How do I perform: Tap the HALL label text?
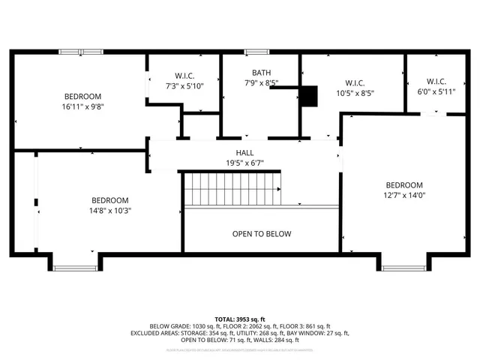point(244,152)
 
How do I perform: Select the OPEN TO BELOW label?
point(261,234)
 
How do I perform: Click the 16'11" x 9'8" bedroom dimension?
point(82,106)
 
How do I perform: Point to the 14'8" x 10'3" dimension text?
point(110,211)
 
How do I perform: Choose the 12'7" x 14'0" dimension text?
point(404,196)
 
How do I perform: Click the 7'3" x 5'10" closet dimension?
point(184,86)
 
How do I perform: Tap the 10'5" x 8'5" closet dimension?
point(355,93)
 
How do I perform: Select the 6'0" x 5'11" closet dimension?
point(436,92)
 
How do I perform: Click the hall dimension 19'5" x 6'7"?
point(244,163)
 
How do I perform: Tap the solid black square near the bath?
point(308,96)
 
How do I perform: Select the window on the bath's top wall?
point(256,52)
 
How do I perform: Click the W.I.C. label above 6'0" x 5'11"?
point(436,82)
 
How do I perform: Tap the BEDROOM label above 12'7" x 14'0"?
point(404,185)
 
